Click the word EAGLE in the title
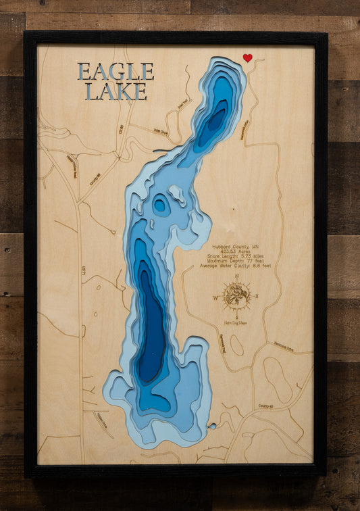[115, 71]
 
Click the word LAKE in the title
[115, 91]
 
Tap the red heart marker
[247, 58]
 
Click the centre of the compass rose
[236, 296]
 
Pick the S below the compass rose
[236, 316]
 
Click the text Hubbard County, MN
[234, 247]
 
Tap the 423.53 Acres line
[234, 252]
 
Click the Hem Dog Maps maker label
[236, 323]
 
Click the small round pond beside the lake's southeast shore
[213, 427]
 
